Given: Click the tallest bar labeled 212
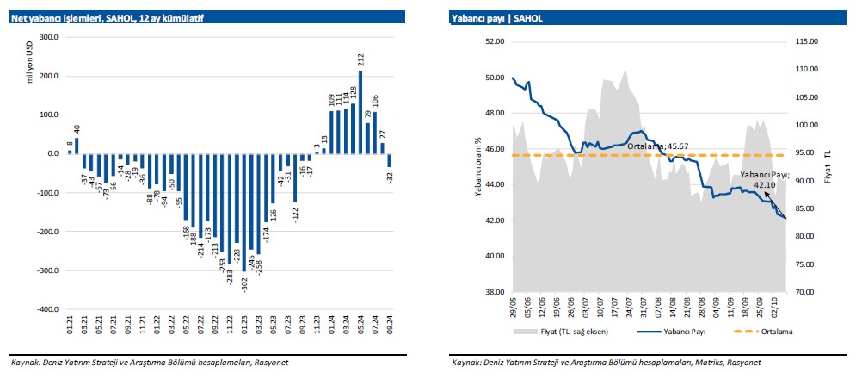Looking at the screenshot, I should [x=360, y=112].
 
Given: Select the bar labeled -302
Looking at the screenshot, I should [x=245, y=212].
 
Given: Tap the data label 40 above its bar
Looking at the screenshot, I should [x=76, y=129].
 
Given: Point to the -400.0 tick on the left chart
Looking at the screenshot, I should [x=45, y=309].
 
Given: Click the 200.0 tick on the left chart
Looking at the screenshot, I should [x=46, y=76].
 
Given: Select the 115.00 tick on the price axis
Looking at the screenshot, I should [x=806, y=41].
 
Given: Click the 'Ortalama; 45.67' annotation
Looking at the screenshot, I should [x=659, y=146].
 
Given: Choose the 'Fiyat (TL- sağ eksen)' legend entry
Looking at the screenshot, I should [x=567, y=331].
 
